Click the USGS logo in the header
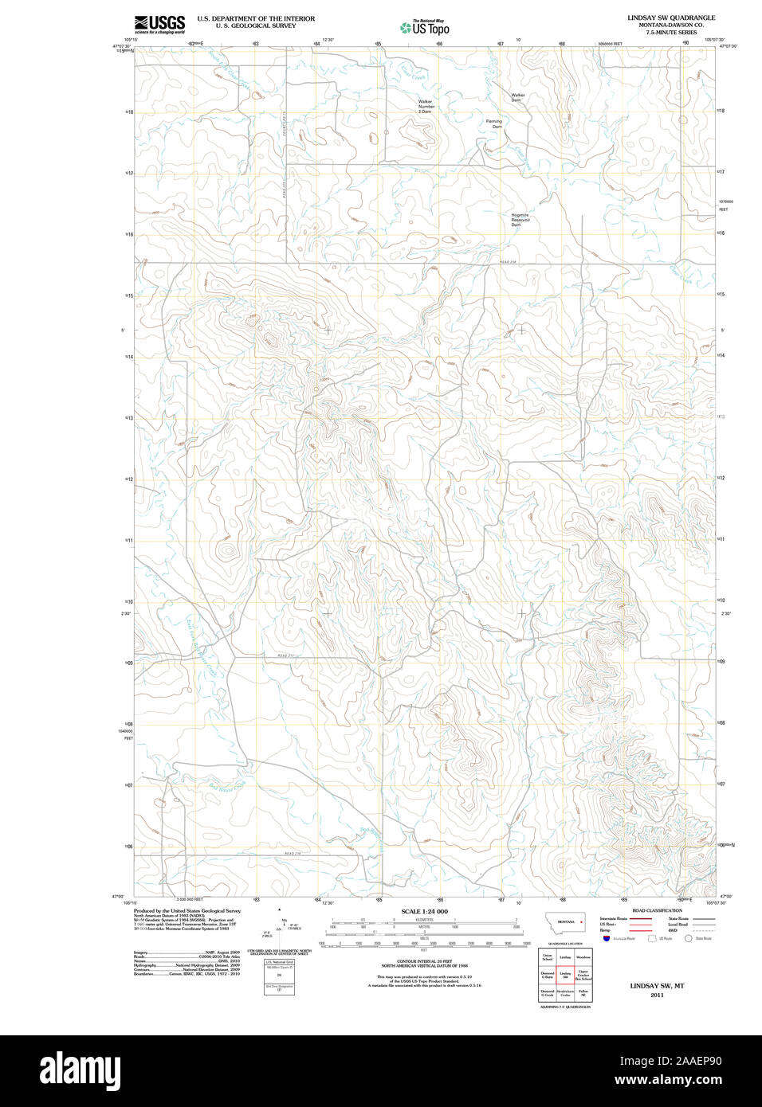[160, 24]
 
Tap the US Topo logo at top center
[425, 28]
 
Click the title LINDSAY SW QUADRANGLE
[670, 18]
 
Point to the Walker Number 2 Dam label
[426, 107]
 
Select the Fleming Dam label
[495, 123]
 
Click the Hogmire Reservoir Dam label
[520, 220]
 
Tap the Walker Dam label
[517, 97]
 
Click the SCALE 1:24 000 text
[424, 911]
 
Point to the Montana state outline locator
[565, 922]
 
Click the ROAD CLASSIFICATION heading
[657, 910]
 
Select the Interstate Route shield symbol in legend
[606, 939]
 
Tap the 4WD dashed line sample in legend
[703, 930]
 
